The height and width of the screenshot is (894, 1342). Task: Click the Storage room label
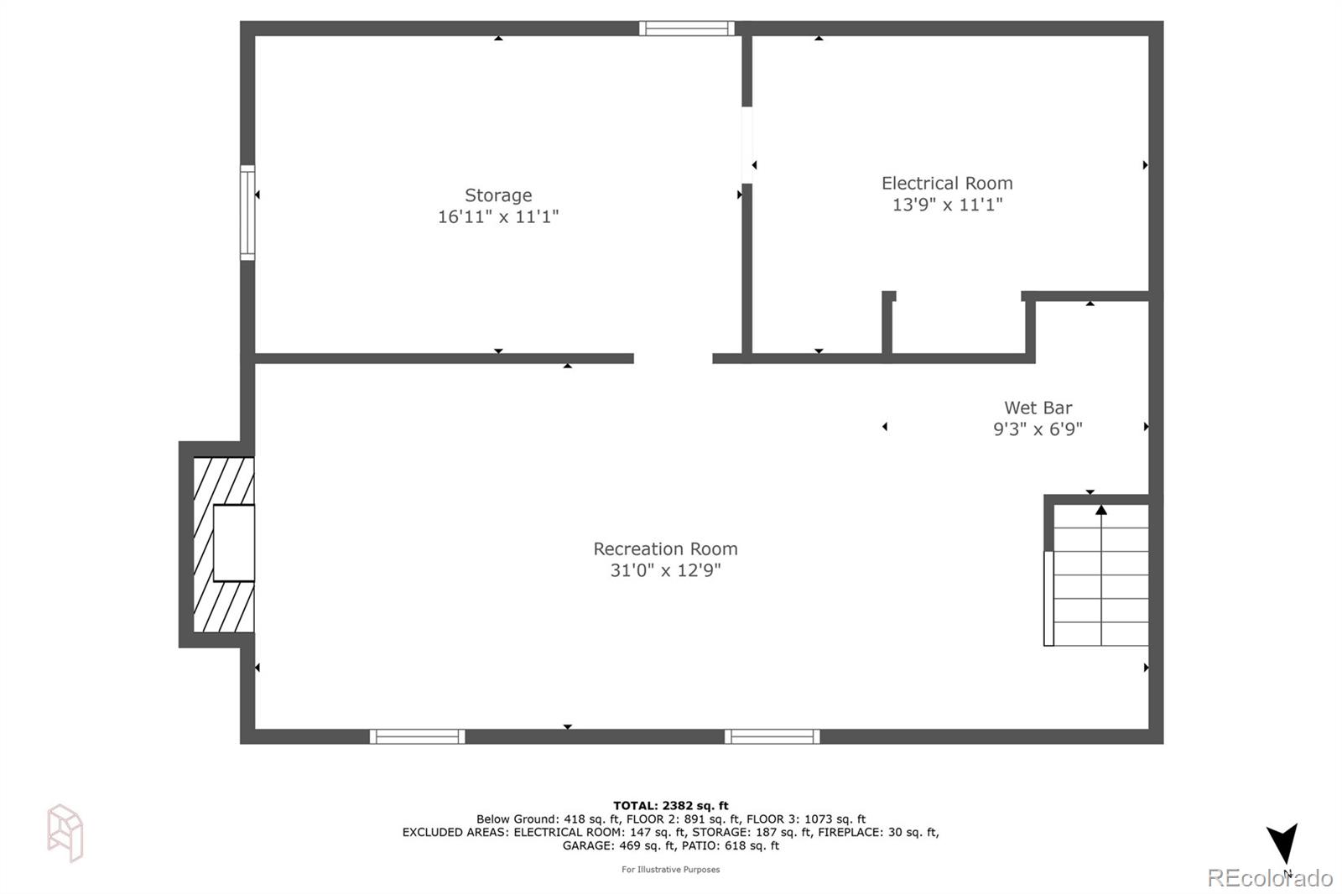[498, 195]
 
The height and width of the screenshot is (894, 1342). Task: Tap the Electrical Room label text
[947, 183]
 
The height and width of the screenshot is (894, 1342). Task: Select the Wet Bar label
[1038, 408]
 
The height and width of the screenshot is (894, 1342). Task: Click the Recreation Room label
[665, 548]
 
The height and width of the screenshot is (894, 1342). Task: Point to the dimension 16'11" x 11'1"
[498, 216]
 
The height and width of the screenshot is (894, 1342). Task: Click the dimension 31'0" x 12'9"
[665, 570]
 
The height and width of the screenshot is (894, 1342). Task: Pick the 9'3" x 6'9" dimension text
[1038, 429]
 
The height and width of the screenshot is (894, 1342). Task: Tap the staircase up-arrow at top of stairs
[1101, 510]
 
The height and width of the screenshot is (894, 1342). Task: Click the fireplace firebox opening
[234, 543]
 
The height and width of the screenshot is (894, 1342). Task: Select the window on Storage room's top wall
[687, 29]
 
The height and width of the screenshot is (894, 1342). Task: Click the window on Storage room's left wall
[247, 212]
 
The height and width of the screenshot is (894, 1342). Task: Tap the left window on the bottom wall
[417, 736]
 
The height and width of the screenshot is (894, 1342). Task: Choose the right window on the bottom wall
[772, 736]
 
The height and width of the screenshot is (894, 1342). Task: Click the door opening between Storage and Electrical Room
[746, 144]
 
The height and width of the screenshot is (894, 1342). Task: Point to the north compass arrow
[1282, 843]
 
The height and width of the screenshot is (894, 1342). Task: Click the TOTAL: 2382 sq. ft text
[670, 806]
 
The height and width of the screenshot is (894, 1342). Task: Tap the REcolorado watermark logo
[1269, 877]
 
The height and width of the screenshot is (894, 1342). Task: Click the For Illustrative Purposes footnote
[670, 870]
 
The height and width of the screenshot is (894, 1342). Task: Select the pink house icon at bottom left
[65, 832]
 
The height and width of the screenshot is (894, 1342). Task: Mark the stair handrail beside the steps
[1048, 598]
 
